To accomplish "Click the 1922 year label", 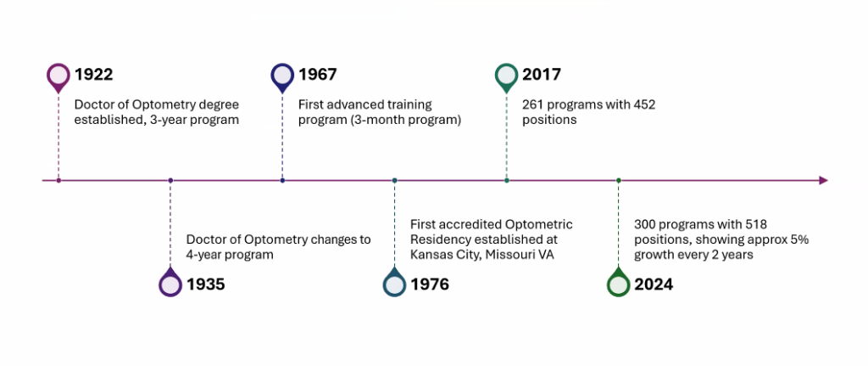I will point(93,75).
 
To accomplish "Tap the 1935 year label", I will point(206,284).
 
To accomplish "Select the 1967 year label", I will point(317,75).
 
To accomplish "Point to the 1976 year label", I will point(429,284).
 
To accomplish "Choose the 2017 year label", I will point(542,75).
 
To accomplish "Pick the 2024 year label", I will point(654,284).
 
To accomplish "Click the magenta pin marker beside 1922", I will point(58,76).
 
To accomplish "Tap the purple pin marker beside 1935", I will point(170,283).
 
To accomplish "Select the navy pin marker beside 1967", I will point(282,76).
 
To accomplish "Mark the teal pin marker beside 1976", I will point(394,283).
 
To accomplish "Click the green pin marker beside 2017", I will point(506,76).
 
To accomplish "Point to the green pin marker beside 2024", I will point(619,283).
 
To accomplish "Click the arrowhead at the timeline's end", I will point(823,180).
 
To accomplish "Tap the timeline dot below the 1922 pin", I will point(58,180).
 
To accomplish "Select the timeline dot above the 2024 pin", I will point(619,180).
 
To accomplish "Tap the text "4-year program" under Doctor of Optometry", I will point(230,255).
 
